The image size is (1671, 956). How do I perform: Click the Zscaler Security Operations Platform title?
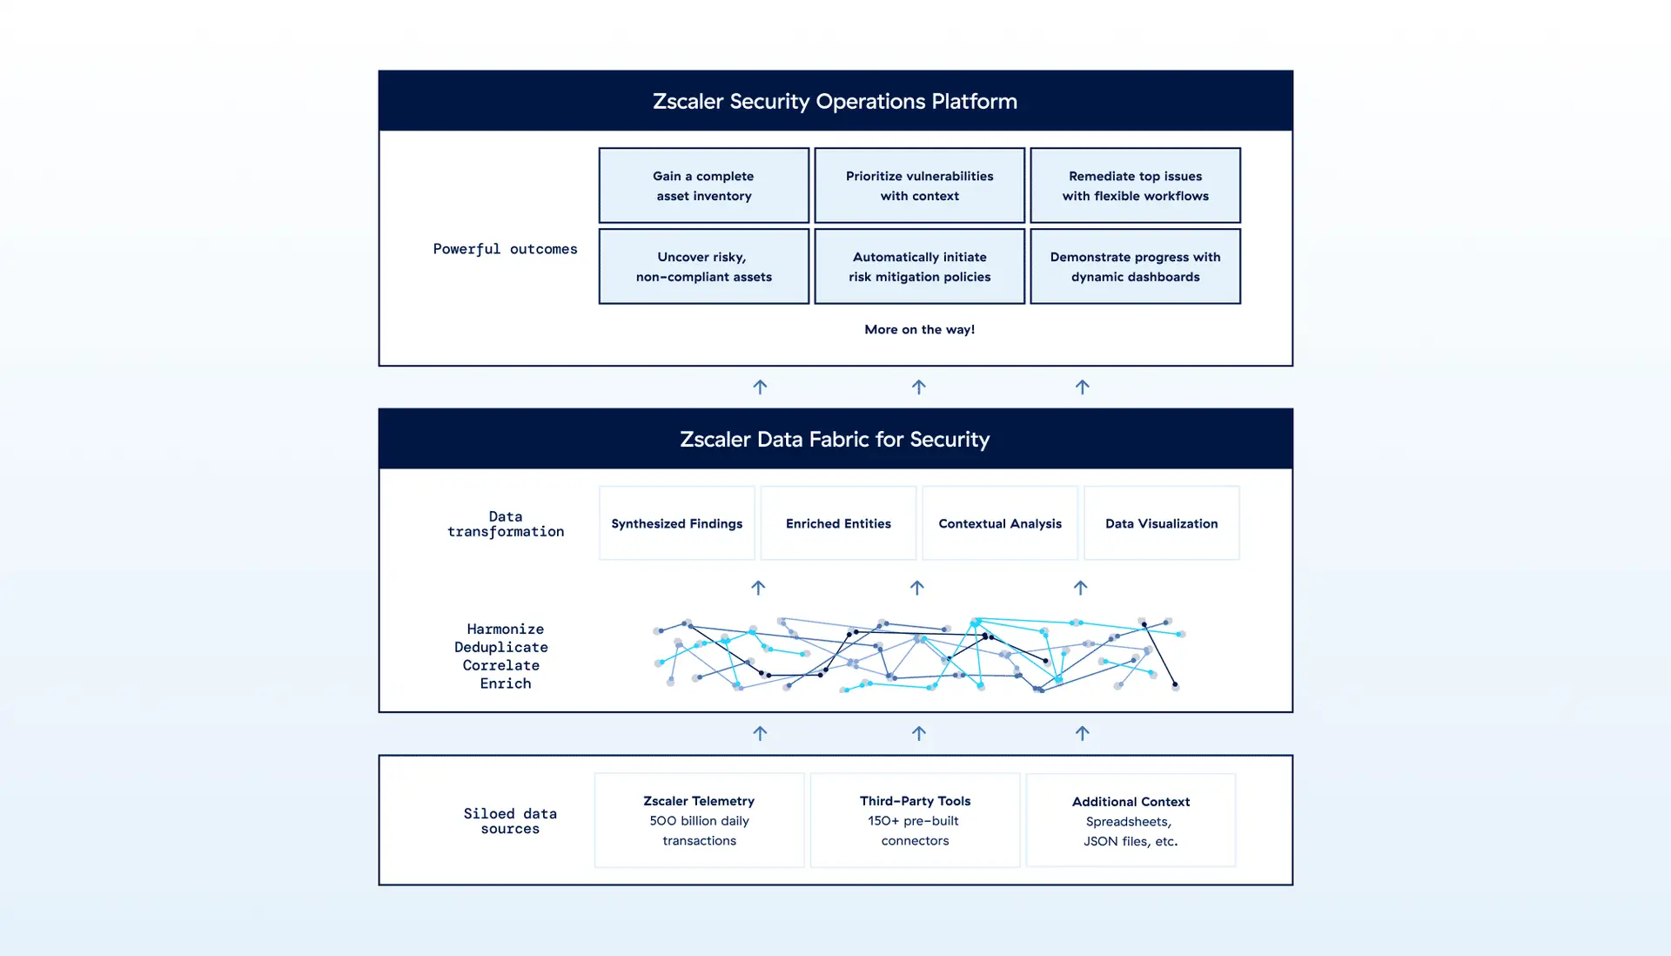pos(835,101)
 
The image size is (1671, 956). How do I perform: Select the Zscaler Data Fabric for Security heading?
pos(835,439)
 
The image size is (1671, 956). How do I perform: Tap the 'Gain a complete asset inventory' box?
pos(703,185)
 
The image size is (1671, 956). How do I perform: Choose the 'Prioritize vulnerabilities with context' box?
pos(919,185)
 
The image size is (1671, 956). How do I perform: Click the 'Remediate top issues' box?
pos(1135,185)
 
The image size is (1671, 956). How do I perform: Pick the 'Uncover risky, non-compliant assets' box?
pos(703,266)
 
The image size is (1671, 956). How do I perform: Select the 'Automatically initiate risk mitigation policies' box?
pos(919,266)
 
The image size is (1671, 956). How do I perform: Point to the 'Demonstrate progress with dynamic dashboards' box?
pos(1135,266)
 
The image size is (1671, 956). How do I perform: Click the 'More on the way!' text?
pos(919,329)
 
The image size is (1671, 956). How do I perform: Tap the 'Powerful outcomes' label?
pos(505,249)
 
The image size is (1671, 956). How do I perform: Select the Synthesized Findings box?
pos(676,523)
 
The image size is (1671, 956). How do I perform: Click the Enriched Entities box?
pos(838,523)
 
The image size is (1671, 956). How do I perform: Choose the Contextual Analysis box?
pos(1000,523)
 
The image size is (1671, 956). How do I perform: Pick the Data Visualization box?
pos(1161,523)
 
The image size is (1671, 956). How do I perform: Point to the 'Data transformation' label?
pos(505,524)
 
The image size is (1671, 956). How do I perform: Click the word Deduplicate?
pos(501,647)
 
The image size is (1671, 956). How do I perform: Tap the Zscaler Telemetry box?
pos(699,820)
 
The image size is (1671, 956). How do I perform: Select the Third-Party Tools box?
pos(915,820)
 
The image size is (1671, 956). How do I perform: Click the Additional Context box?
pos(1131,820)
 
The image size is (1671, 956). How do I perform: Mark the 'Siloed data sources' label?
pos(510,821)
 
